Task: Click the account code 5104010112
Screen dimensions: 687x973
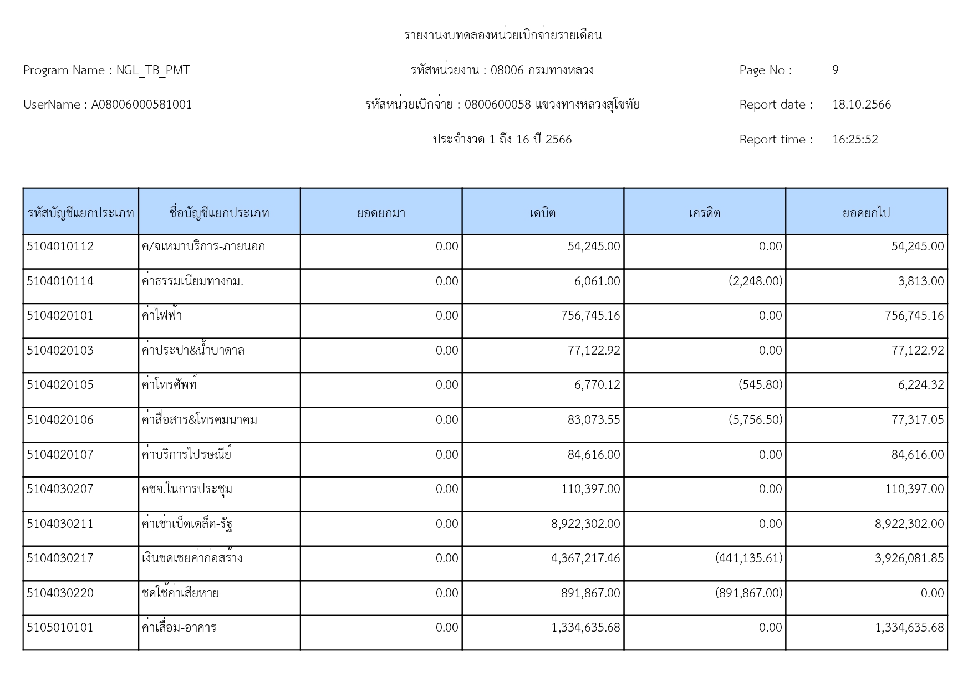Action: [x=60, y=247]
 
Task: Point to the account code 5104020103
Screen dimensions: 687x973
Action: [x=60, y=351]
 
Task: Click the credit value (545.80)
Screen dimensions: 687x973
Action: [x=760, y=385]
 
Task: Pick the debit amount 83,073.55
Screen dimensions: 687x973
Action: [x=593, y=420]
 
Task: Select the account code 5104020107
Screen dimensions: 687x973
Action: [x=60, y=455]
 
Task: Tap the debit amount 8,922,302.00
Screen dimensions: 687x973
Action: [x=585, y=524]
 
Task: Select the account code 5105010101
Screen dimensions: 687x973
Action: [x=60, y=628]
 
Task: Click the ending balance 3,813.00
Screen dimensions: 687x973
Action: [x=920, y=281]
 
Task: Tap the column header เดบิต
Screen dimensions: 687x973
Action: [x=543, y=213]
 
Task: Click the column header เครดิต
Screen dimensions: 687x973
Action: [x=704, y=213]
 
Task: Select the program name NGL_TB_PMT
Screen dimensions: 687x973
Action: [x=153, y=70]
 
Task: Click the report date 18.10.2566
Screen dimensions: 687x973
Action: [x=861, y=105]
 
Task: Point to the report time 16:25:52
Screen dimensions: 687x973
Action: [x=855, y=140]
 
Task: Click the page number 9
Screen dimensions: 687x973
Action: [x=835, y=70]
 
